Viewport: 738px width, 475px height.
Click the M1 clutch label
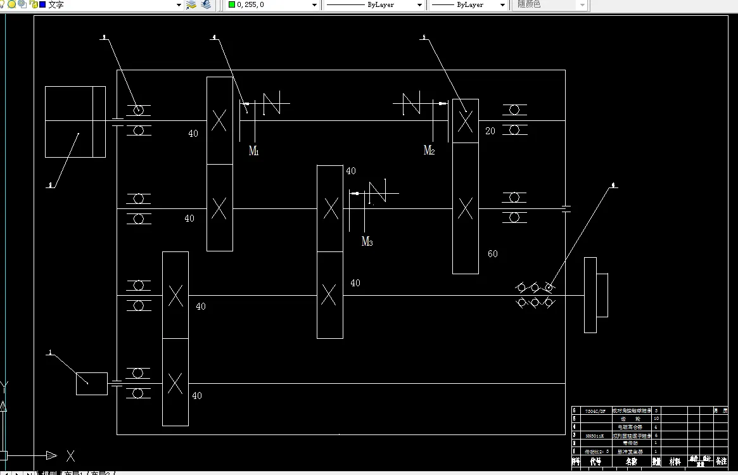253,151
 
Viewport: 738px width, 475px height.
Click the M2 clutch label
429,150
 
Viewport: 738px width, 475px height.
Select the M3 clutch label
367,241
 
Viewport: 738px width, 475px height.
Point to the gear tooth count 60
492,254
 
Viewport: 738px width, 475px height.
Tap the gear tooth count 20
490,131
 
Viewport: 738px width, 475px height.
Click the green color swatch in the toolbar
232,4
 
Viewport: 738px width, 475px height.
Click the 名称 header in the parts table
631,462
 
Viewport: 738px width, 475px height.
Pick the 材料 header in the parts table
675,462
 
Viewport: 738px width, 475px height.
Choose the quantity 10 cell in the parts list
656,419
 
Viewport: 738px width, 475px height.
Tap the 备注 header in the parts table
721,462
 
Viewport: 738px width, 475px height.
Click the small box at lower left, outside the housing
92,384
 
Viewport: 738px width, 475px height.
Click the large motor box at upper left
75,122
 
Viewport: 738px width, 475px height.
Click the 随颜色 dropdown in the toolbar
551,4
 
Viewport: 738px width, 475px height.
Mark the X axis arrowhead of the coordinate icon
51,455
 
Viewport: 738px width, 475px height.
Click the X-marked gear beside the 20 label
465,120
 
